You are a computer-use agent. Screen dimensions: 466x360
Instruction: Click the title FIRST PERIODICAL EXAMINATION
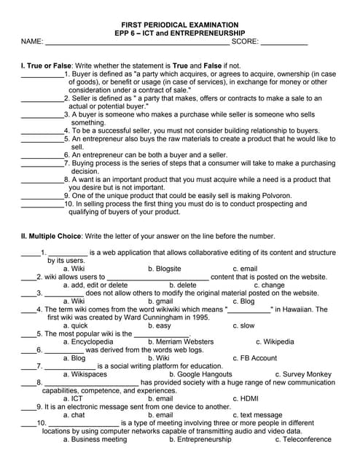(x=179, y=24)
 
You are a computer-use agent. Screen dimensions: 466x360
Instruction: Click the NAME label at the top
(x=32, y=42)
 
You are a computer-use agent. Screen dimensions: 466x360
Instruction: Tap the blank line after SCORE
(x=284, y=42)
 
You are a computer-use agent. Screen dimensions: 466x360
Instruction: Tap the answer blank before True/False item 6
(x=42, y=155)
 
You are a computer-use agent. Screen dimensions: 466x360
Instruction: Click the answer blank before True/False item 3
(x=42, y=114)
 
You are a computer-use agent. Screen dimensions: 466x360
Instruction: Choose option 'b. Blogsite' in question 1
(x=165, y=269)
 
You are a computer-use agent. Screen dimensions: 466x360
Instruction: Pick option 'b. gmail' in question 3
(x=160, y=301)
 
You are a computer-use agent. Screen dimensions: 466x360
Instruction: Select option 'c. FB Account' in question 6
(x=255, y=358)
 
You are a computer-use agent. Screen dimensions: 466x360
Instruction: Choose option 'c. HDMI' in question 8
(x=246, y=398)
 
